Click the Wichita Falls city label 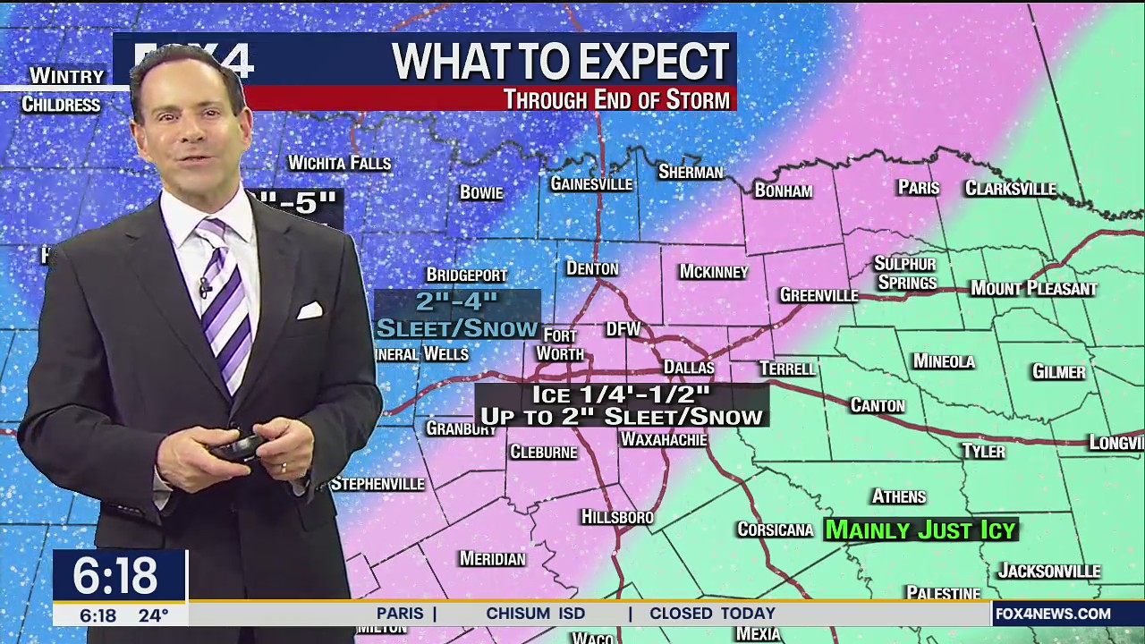(x=339, y=163)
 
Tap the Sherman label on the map (x=690, y=172)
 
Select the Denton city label (x=592, y=268)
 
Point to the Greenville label (x=818, y=295)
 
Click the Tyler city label (x=983, y=451)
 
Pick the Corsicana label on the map (x=775, y=530)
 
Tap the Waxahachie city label (x=664, y=439)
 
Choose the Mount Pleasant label (x=1033, y=288)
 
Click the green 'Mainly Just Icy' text (x=920, y=530)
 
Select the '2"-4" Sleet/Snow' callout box (x=456, y=315)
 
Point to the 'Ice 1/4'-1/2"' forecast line (x=621, y=394)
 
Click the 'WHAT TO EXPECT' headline (x=561, y=61)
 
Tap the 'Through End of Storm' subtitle (x=616, y=99)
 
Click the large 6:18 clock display (x=115, y=576)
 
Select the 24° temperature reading (x=153, y=615)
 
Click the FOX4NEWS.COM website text (x=1053, y=614)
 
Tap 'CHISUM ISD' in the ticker (x=535, y=614)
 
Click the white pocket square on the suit (x=310, y=310)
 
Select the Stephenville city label (x=377, y=484)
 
